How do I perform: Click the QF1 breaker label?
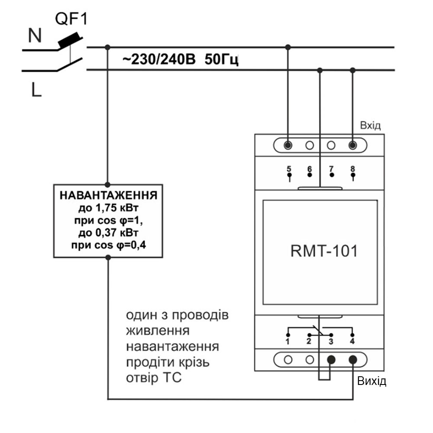(x=71, y=19)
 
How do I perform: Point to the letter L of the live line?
(x=36, y=90)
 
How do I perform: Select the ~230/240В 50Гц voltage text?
(x=181, y=59)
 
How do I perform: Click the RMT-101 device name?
(x=324, y=251)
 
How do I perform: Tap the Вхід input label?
(x=370, y=126)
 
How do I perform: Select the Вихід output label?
(x=371, y=381)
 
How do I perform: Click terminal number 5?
(x=289, y=168)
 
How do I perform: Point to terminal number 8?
(x=353, y=168)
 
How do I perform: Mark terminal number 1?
(x=287, y=342)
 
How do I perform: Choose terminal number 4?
(x=352, y=342)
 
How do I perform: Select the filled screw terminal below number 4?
(x=353, y=359)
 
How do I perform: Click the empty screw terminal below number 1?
(x=288, y=359)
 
